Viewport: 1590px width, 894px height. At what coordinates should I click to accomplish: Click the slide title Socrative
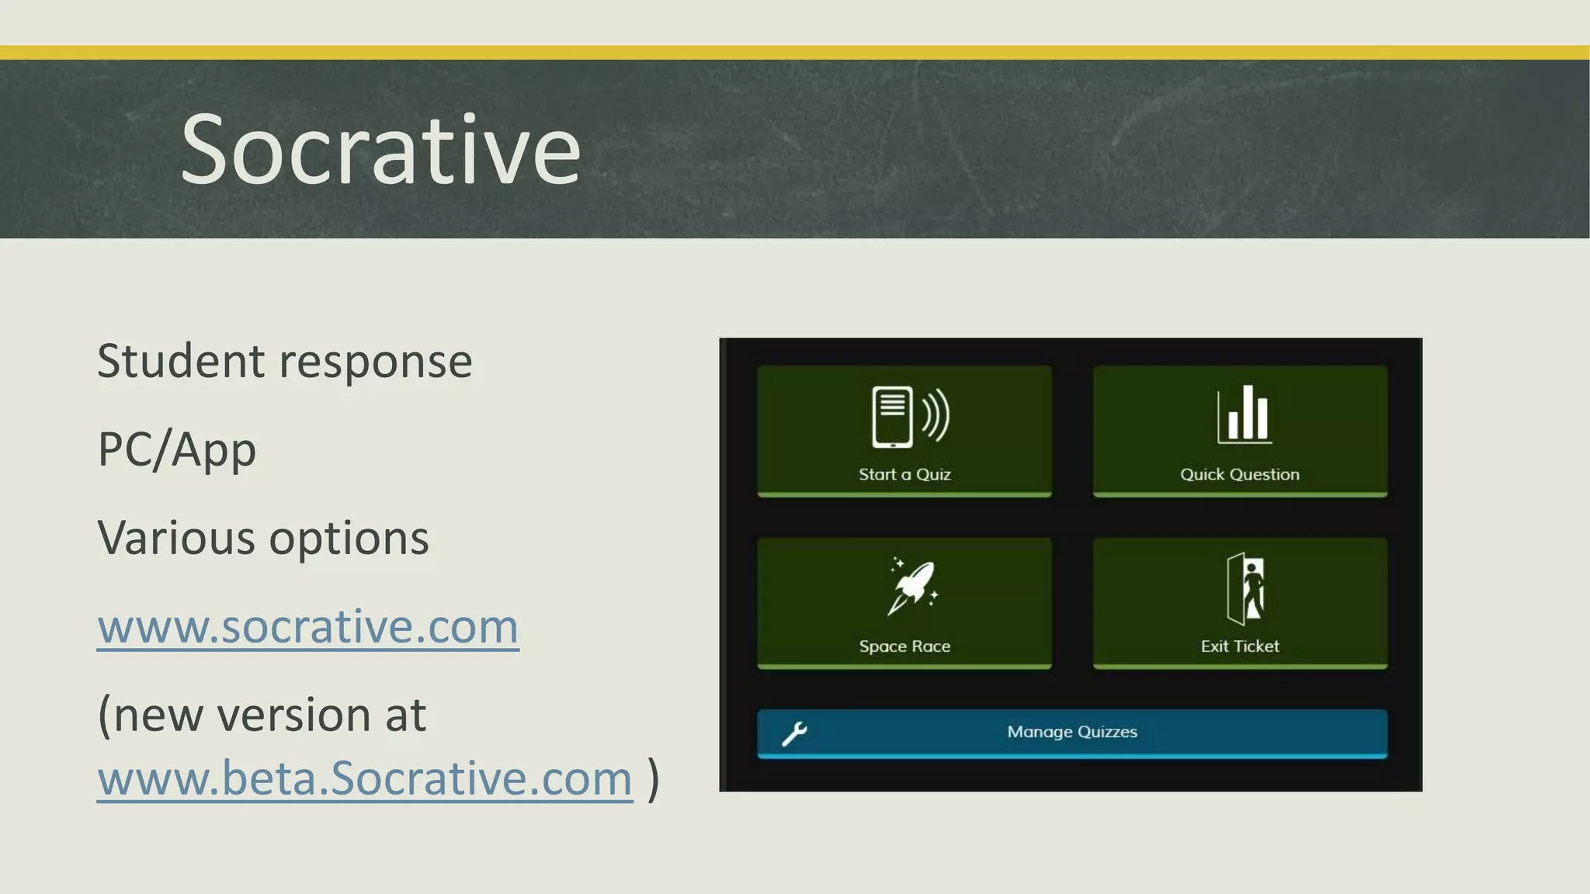click(380, 150)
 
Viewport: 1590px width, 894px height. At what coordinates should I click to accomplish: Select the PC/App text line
click(176, 450)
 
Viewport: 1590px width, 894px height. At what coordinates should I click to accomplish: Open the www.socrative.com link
click(307, 626)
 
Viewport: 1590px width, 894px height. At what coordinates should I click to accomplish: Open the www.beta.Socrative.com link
click(365, 778)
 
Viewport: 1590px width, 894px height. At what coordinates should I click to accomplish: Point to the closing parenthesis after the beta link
click(653, 778)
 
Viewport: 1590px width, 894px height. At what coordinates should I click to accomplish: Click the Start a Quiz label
click(904, 474)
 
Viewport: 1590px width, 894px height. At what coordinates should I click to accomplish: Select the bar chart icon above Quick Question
click(1244, 415)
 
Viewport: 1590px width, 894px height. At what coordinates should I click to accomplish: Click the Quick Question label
click(1239, 474)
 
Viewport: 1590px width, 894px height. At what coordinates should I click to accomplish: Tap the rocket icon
click(912, 587)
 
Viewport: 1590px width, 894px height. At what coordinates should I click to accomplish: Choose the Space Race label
click(904, 646)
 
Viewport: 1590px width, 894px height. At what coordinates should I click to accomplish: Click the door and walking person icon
click(1245, 588)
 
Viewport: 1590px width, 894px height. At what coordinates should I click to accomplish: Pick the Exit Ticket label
click(1239, 646)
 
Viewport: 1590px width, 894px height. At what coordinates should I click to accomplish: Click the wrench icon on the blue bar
click(794, 733)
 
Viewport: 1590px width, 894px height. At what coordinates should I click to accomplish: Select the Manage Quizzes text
click(1072, 732)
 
